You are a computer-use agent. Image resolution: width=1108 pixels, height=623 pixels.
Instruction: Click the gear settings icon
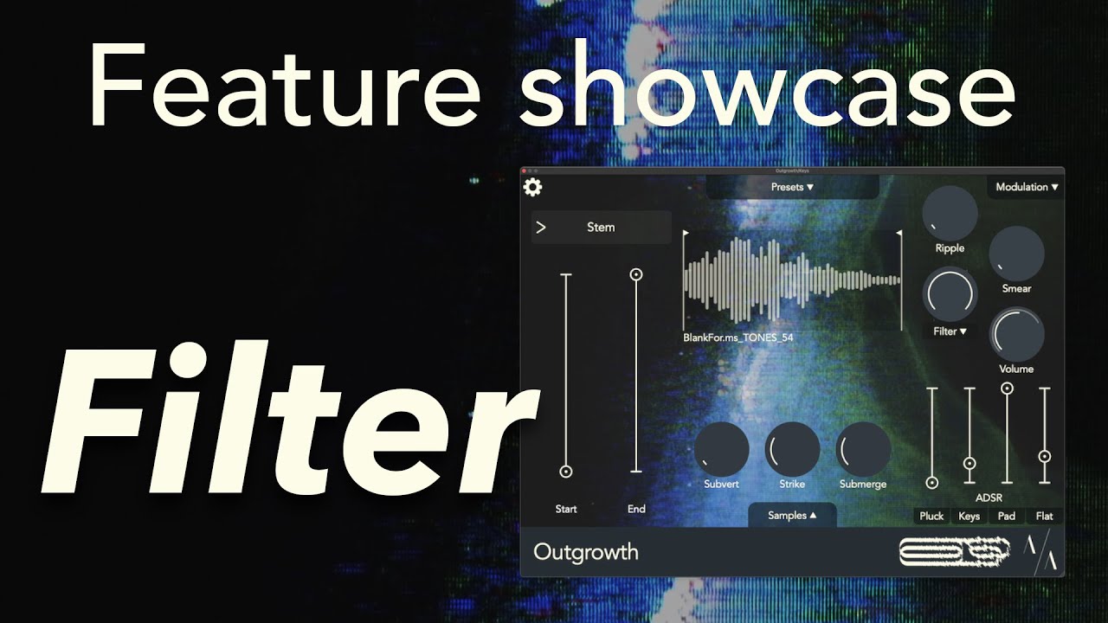pyautogui.click(x=532, y=187)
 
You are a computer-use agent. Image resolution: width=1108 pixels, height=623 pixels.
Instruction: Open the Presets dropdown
pyautogui.click(x=792, y=187)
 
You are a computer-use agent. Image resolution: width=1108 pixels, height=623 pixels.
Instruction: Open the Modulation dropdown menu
pyautogui.click(x=1027, y=187)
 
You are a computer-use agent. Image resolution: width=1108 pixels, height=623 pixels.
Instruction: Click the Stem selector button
pyautogui.click(x=601, y=228)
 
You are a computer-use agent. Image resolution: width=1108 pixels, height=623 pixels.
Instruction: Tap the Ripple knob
pyautogui.click(x=950, y=213)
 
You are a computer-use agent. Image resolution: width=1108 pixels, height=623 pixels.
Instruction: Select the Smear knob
pyautogui.click(x=1016, y=254)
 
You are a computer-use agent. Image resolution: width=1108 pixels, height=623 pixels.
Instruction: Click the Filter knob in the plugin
pyautogui.click(x=950, y=294)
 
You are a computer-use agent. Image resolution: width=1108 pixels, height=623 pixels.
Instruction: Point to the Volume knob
pyautogui.click(x=1016, y=334)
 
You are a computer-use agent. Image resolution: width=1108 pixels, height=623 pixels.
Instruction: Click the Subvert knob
pyautogui.click(x=721, y=450)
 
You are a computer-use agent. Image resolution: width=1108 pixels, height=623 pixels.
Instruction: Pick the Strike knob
pyautogui.click(x=792, y=450)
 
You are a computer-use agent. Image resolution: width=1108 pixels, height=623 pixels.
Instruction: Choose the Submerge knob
pyautogui.click(x=863, y=450)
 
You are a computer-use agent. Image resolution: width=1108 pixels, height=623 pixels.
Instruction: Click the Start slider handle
pyautogui.click(x=566, y=472)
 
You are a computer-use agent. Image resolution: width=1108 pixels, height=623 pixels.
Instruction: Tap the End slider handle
pyautogui.click(x=636, y=274)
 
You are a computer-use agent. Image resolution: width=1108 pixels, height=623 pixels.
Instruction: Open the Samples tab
pyautogui.click(x=792, y=516)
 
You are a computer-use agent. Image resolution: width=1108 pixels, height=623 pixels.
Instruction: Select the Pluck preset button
pyautogui.click(x=931, y=517)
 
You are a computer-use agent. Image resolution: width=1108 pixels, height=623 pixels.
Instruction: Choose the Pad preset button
pyautogui.click(x=1007, y=517)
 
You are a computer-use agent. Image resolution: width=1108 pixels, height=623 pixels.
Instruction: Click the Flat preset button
pyautogui.click(x=1045, y=517)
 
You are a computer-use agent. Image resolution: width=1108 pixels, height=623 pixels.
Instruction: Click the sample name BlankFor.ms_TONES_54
pyautogui.click(x=738, y=338)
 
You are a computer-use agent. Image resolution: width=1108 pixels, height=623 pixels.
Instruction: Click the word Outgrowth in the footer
pyautogui.click(x=586, y=552)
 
